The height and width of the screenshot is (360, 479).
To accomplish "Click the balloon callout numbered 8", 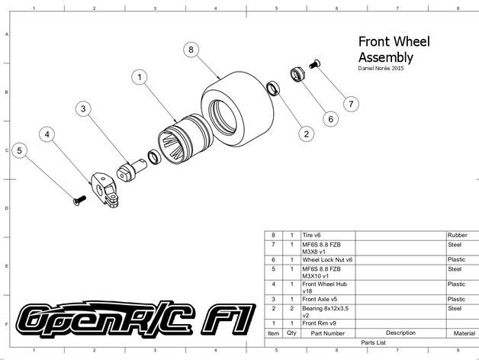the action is (x=191, y=50).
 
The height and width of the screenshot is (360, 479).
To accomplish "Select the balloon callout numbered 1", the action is (x=140, y=77).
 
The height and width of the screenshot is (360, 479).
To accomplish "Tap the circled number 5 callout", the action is (x=20, y=150).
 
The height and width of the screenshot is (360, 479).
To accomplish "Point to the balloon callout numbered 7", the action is (x=351, y=104).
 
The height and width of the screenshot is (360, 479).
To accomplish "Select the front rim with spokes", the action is (x=185, y=139).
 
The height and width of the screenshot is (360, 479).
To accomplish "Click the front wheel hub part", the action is (x=104, y=189).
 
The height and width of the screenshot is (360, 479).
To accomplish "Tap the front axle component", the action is (x=131, y=171).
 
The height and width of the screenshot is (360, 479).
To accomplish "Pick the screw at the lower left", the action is (x=79, y=200).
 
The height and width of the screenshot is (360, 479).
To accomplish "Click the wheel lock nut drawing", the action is (x=297, y=74).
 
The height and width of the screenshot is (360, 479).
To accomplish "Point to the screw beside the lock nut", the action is (x=314, y=64).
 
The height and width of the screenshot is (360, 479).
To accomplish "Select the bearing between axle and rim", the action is (x=155, y=157).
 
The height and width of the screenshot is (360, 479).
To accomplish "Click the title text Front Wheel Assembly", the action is (x=394, y=50).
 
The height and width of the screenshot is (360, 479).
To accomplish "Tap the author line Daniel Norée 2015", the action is (x=381, y=68).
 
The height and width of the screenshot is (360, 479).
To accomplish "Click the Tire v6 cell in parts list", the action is (x=312, y=235).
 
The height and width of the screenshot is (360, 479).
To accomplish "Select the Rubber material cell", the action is (x=458, y=235).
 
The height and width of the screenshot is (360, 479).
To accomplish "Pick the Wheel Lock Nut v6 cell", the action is (x=327, y=260).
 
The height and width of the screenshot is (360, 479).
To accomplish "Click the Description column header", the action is (x=400, y=333).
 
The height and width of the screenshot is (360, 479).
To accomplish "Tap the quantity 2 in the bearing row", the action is (x=291, y=308).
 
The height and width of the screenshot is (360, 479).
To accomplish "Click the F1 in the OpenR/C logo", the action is (x=228, y=320).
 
